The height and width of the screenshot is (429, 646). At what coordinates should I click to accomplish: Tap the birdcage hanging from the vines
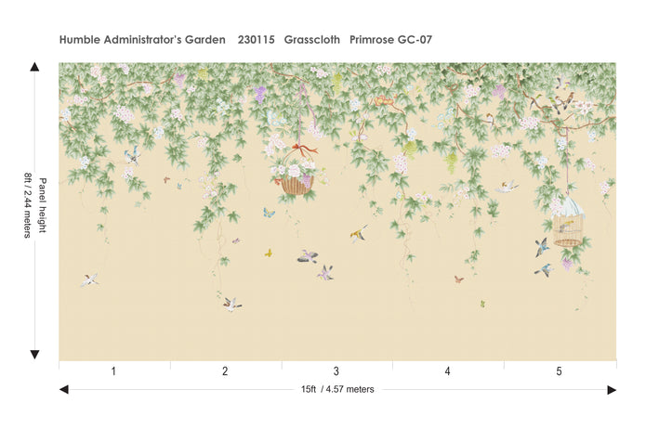(568, 223)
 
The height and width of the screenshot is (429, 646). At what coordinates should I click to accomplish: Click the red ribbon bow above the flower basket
(299, 147)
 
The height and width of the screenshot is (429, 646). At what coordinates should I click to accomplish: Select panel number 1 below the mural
(113, 370)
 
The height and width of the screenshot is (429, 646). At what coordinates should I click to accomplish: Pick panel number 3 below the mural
(336, 370)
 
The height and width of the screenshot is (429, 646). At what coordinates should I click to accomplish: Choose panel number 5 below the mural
(560, 370)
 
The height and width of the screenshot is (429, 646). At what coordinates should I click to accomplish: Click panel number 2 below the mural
(225, 370)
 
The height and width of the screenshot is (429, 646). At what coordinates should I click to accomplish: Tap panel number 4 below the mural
(448, 370)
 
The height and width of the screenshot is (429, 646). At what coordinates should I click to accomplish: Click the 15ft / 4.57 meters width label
(337, 389)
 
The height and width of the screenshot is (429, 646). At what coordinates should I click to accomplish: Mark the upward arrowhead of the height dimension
(34, 67)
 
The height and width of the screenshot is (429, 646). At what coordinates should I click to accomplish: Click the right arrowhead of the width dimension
(612, 390)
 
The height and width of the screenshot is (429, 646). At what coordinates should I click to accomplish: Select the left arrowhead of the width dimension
(63, 390)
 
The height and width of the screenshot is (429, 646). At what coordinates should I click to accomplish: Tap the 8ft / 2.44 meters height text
(28, 204)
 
